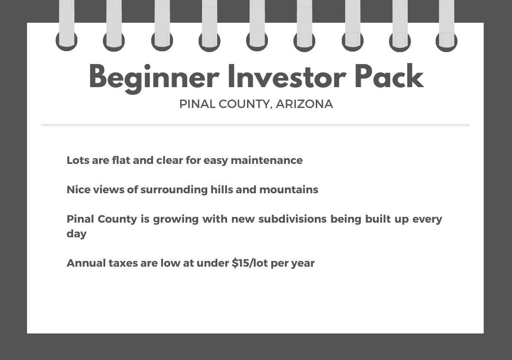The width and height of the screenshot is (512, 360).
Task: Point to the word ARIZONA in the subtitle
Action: (x=304, y=104)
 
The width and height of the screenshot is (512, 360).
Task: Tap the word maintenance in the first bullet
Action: (x=267, y=160)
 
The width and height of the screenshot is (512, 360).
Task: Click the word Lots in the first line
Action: (x=78, y=160)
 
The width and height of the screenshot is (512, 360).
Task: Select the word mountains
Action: (x=289, y=189)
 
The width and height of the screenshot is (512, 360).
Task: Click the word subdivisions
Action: (x=292, y=219)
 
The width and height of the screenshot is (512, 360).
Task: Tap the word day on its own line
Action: (x=76, y=234)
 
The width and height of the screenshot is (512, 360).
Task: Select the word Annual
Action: (x=86, y=263)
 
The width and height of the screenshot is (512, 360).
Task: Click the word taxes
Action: (x=123, y=263)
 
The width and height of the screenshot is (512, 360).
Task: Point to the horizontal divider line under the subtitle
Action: (x=256, y=125)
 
